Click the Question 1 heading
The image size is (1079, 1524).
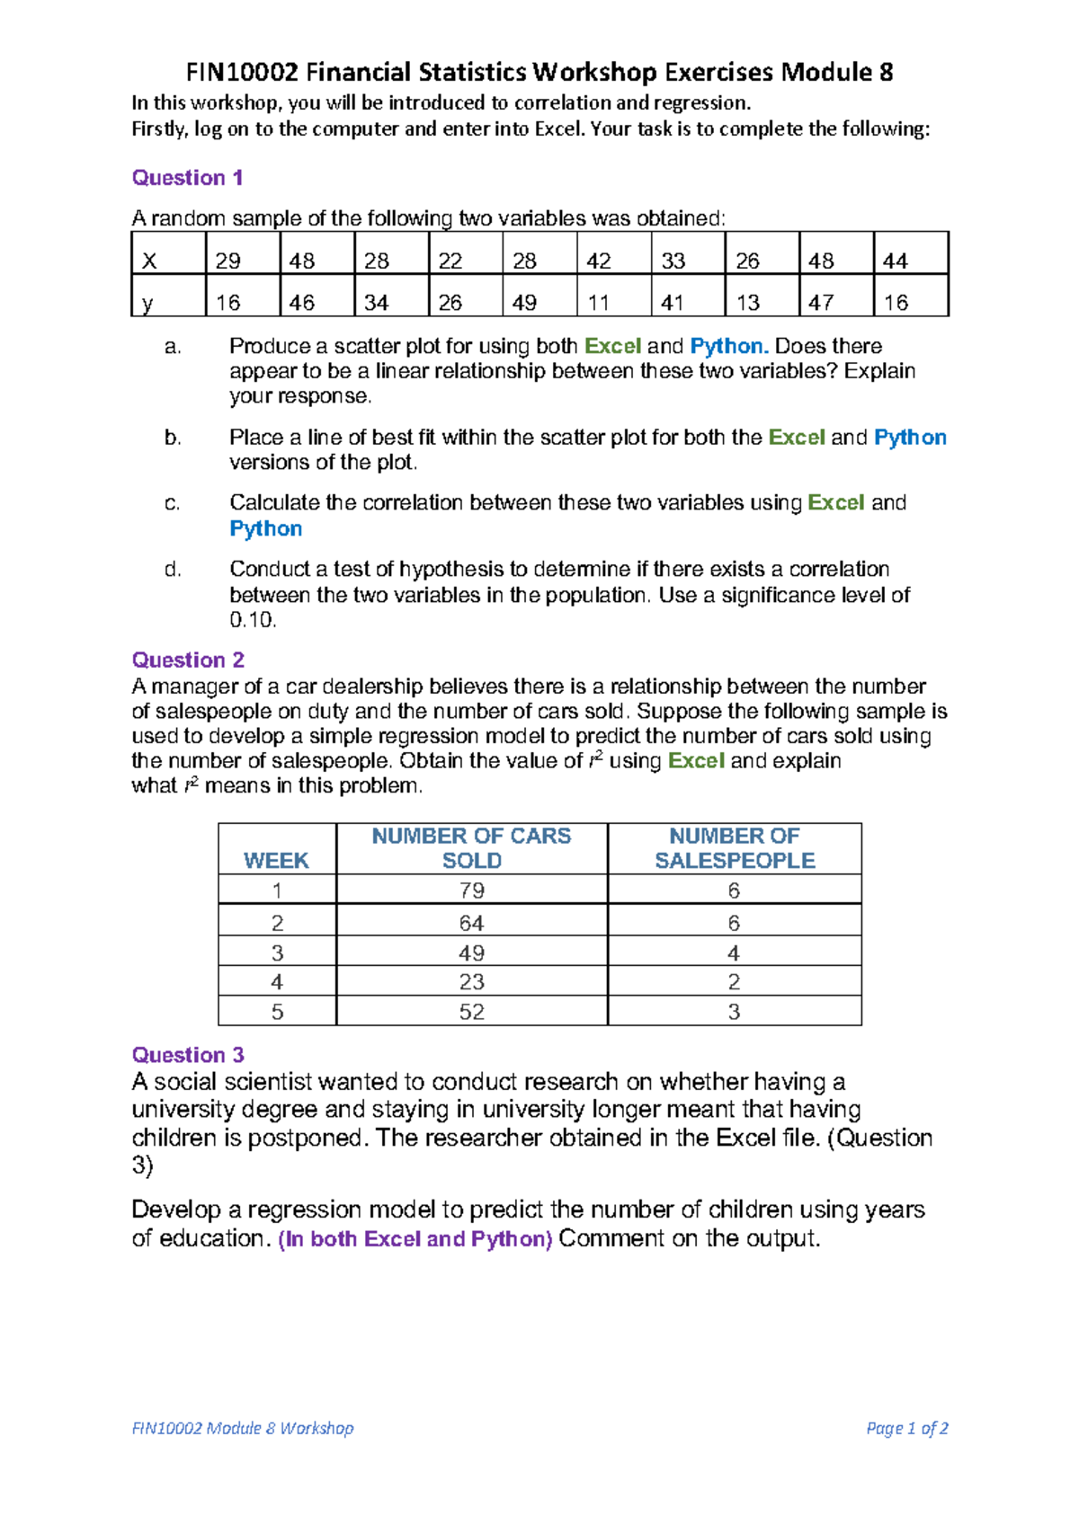point(187,178)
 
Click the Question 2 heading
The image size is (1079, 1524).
point(188,660)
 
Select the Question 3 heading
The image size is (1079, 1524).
point(188,1055)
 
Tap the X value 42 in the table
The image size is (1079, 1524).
point(599,261)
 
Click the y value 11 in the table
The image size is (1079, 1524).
point(599,303)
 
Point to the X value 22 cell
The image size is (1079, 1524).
point(450,261)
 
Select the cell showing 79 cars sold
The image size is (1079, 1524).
point(471,890)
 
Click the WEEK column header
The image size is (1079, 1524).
point(276,860)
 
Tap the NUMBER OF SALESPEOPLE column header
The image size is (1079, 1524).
point(734,848)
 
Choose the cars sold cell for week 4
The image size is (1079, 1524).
point(471,981)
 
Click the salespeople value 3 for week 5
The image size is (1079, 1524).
point(734,1012)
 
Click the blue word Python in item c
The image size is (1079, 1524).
point(265,528)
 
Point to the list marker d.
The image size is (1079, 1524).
point(173,570)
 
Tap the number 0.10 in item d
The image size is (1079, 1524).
point(253,620)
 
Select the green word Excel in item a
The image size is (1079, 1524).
point(612,346)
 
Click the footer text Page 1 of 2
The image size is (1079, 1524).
point(906,1428)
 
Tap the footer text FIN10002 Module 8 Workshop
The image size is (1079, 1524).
point(242,1428)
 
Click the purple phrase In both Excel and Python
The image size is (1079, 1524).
point(415,1239)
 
